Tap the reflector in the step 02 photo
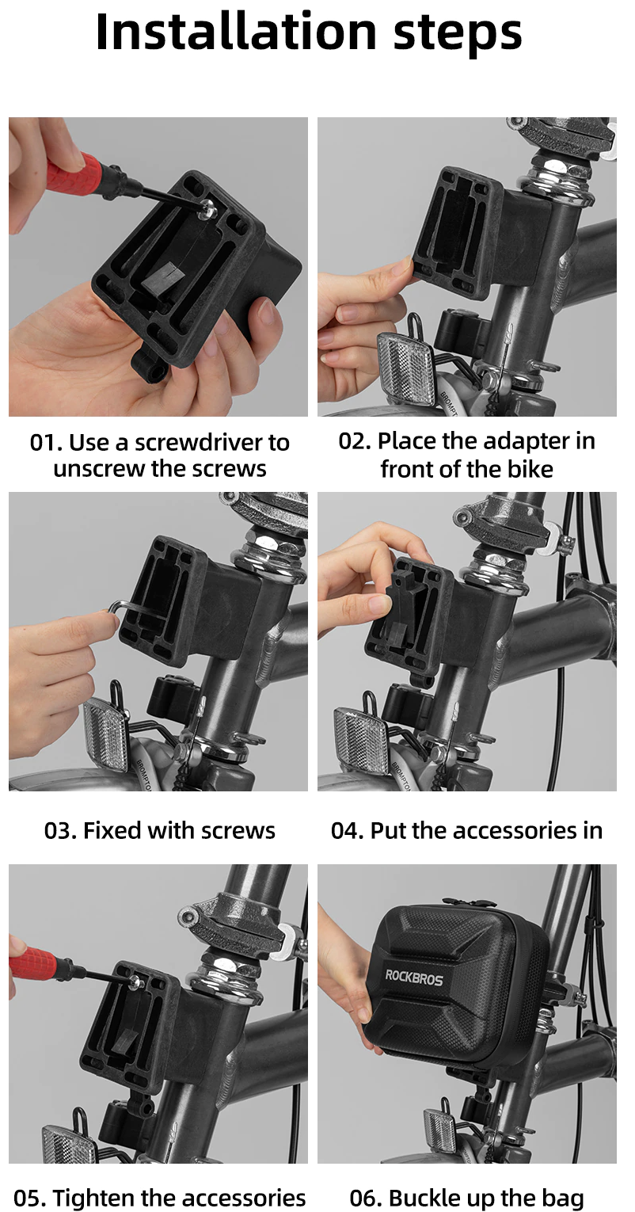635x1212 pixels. coord(406,367)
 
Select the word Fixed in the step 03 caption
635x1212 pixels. coord(112,830)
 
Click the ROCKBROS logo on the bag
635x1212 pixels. coord(414,978)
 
